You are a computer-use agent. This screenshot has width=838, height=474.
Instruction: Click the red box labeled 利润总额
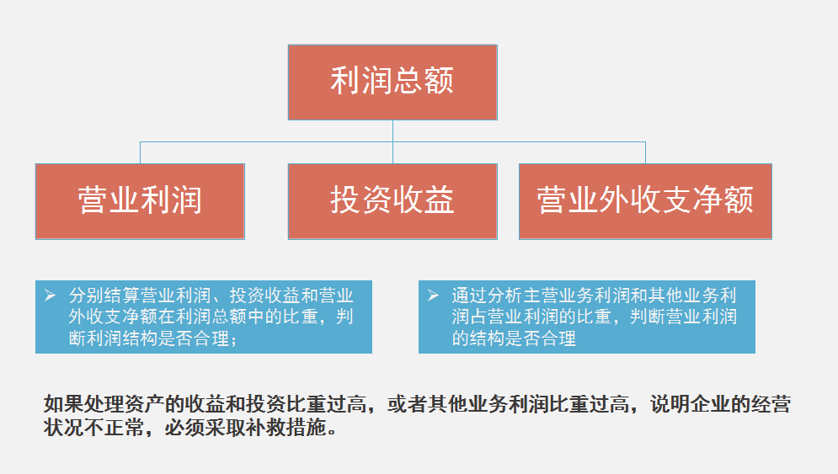click(x=392, y=83)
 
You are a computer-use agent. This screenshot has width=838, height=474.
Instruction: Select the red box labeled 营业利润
click(x=140, y=201)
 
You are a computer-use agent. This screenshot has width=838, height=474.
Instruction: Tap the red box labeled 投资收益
click(x=392, y=201)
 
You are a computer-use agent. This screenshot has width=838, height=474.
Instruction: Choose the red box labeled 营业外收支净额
click(x=646, y=201)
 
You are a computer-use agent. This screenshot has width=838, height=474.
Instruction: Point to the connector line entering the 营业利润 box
click(x=140, y=153)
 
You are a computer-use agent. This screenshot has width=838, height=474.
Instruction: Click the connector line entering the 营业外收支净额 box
click(x=646, y=153)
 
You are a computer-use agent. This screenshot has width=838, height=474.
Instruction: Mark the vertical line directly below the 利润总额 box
click(x=392, y=141)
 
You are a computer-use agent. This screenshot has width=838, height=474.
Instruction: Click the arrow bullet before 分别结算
click(x=51, y=295)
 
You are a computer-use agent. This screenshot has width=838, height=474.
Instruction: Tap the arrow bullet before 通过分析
click(x=434, y=295)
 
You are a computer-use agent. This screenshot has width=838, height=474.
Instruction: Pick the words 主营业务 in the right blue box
click(x=558, y=295)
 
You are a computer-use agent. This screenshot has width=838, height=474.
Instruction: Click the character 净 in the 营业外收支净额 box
click(x=707, y=200)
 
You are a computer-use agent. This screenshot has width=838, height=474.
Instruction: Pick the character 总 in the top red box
click(x=408, y=81)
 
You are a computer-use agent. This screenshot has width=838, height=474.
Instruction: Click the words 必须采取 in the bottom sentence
click(x=205, y=428)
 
